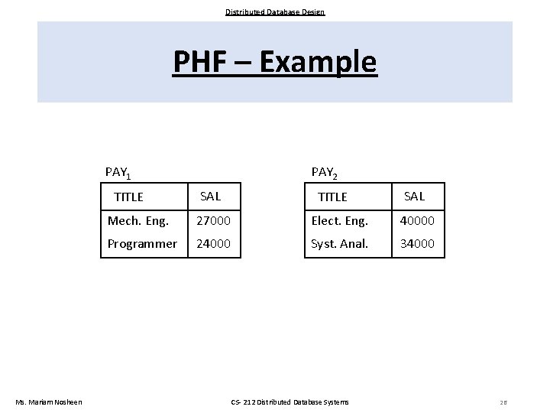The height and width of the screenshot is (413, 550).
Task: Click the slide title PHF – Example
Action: [x=275, y=62]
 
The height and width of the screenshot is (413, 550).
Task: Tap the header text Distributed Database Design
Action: [x=275, y=11]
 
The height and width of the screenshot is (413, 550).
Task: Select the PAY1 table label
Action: [x=118, y=173]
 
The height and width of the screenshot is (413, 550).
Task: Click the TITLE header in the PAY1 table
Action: [x=128, y=197]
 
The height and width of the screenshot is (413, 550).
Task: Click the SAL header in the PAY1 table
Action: [x=210, y=196]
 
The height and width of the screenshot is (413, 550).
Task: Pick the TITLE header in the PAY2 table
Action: [x=332, y=197]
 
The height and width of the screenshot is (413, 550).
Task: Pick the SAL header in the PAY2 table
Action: [x=414, y=196]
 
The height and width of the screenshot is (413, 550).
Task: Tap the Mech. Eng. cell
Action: [x=138, y=222]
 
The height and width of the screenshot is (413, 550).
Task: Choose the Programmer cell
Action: [x=142, y=244]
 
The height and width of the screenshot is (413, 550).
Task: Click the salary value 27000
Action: [x=213, y=222]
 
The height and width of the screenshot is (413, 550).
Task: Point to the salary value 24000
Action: [x=213, y=244]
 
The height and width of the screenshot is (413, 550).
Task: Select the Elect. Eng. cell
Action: [x=339, y=222]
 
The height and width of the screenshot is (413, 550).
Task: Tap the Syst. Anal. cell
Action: [x=339, y=244]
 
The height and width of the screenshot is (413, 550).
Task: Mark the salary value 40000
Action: [x=417, y=222]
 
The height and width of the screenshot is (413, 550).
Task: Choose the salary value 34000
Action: [x=417, y=244]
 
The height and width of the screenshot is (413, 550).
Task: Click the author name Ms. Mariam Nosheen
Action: [x=48, y=402]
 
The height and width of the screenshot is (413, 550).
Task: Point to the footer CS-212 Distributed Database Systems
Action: [x=290, y=402]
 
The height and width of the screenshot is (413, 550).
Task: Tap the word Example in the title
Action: [x=318, y=62]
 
